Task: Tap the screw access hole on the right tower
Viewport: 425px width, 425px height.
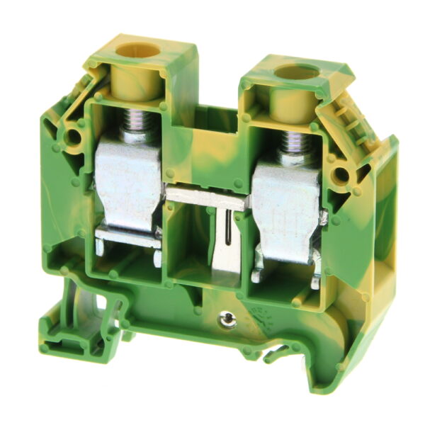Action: (296, 72)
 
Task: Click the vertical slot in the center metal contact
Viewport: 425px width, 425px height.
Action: (227, 234)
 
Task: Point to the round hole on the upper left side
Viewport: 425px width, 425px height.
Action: (72, 135)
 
